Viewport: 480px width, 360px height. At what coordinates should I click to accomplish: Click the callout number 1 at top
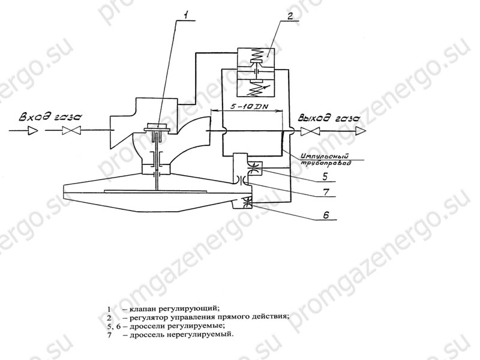click(x=187, y=14)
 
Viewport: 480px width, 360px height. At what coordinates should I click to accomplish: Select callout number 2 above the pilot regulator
click(x=290, y=16)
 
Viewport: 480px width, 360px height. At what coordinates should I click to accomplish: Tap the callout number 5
click(x=325, y=176)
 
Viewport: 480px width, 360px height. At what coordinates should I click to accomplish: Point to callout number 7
click(x=326, y=191)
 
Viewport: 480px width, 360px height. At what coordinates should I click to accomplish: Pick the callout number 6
click(x=326, y=215)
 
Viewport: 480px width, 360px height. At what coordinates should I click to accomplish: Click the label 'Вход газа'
click(x=50, y=117)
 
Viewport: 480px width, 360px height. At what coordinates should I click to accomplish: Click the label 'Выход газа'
click(x=329, y=118)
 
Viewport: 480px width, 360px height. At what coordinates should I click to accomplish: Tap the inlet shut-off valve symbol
click(x=71, y=131)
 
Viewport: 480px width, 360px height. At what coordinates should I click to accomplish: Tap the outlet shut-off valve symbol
click(x=310, y=131)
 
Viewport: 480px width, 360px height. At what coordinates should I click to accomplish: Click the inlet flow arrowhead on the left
click(x=34, y=131)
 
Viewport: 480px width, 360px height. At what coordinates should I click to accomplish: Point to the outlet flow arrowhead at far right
click(x=361, y=131)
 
